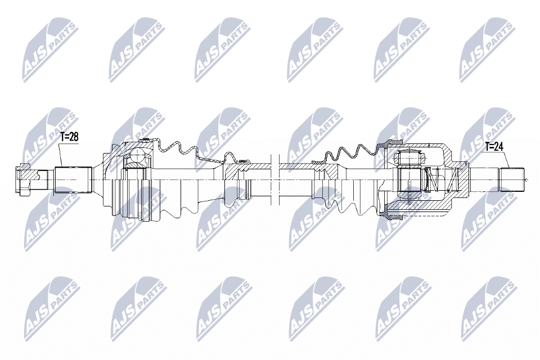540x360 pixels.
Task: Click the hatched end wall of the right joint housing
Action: point(461,179)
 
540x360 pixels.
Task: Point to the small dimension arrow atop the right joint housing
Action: point(429,146)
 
